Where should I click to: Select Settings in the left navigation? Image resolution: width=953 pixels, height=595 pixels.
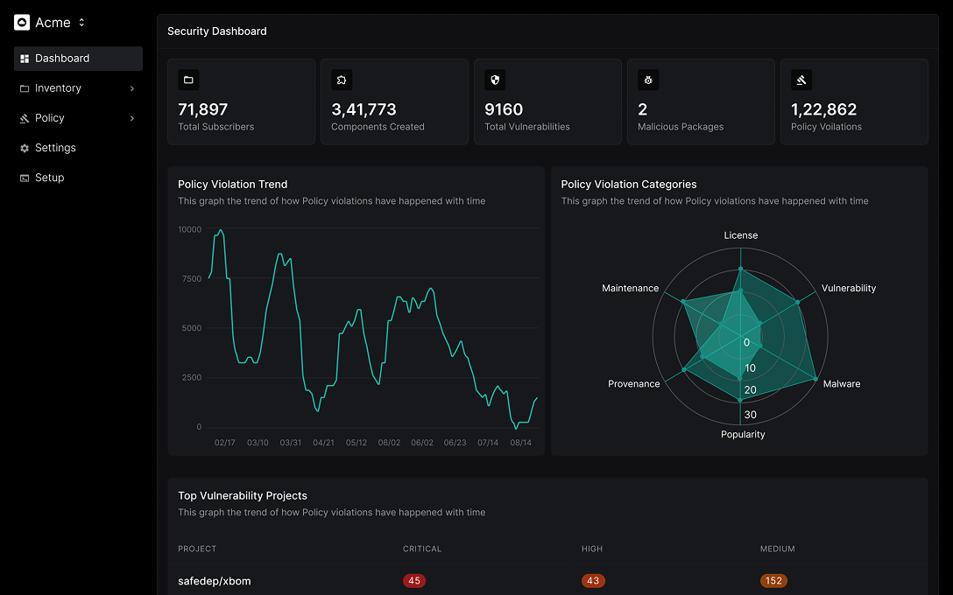pos(55,148)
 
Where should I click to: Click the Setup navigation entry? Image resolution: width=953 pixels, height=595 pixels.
pos(49,178)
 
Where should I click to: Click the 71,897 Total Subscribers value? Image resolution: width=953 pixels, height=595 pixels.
pos(202,109)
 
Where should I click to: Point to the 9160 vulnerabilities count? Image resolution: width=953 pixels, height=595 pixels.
pos(504,109)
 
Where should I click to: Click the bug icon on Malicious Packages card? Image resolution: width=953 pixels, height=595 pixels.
pos(648,80)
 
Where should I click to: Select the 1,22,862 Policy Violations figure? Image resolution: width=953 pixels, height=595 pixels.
pos(823,109)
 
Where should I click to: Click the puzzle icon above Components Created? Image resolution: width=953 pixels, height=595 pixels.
pos(342,80)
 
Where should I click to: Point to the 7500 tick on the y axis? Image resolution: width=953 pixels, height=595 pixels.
pos(191,278)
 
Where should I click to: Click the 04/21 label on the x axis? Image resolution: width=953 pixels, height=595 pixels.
pos(323,443)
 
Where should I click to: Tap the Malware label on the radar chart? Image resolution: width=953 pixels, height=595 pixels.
pos(841,384)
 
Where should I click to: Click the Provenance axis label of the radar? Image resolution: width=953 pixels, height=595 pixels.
pos(634,384)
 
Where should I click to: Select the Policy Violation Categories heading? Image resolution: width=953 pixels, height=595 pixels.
pos(629,185)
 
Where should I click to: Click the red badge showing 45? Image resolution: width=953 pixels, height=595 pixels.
pos(414,581)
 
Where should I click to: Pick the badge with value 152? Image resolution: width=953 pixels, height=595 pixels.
pos(773,581)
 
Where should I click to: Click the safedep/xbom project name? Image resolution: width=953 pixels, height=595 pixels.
pos(214,581)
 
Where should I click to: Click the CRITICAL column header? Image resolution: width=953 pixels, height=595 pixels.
pos(422,549)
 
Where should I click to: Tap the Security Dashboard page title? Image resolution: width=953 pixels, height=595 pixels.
pos(217,31)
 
